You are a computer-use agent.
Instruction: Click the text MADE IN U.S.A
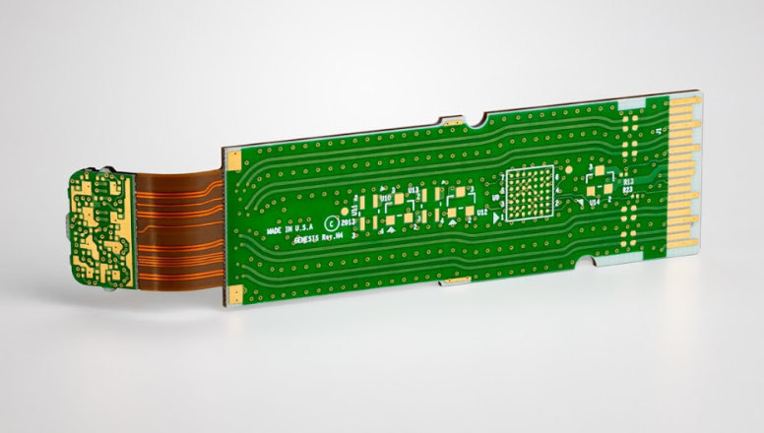(x=287, y=227)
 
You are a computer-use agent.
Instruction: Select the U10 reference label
(x=386, y=197)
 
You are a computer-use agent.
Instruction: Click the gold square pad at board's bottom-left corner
(x=236, y=296)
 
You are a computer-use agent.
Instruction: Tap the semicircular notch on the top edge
(x=478, y=123)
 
